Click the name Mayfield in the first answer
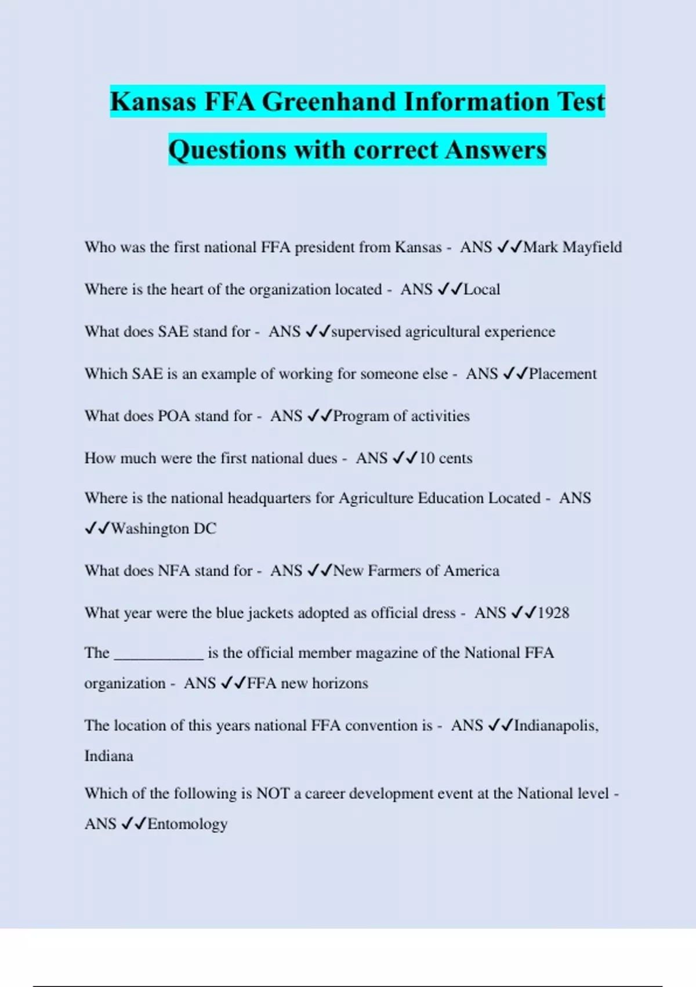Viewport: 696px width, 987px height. (x=592, y=247)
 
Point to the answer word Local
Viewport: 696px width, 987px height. (x=481, y=289)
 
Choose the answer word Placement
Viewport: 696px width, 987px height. (x=562, y=374)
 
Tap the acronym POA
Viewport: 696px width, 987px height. (x=173, y=416)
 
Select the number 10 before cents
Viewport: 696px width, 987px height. (x=427, y=458)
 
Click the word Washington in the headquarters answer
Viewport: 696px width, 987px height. (x=150, y=528)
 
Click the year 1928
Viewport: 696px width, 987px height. (x=553, y=613)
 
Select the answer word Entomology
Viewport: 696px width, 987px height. (x=187, y=824)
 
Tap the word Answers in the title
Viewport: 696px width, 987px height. (x=496, y=150)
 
